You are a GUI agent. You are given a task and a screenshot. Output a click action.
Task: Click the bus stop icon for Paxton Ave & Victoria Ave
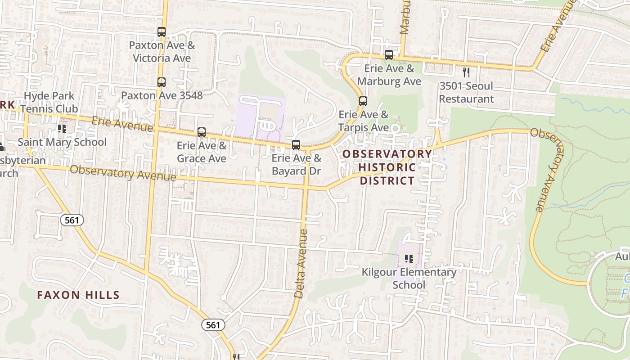coord(162,32)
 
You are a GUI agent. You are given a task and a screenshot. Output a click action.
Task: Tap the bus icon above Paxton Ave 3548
coord(162,82)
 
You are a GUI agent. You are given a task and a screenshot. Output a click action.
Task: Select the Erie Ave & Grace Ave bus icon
coord(202,132)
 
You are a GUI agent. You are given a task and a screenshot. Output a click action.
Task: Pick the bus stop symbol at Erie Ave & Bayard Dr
coord(296,145)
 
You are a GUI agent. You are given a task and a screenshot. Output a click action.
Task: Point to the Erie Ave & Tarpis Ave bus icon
coord(363,101)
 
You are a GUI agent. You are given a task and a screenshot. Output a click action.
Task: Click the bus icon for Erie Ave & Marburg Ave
coord(389,55)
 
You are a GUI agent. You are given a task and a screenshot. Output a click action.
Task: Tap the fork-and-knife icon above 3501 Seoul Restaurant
coord(466,72)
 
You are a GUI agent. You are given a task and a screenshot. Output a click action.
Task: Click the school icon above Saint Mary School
coord(62,129)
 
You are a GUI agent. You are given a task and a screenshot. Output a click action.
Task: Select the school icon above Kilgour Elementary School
coord(409,259)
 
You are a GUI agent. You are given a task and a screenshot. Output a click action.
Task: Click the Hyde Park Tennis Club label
coord(49,102)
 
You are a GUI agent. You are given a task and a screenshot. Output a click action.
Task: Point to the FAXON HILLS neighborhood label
coord(78,295)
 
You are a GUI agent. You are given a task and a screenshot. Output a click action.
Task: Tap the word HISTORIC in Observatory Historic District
coord(387,167)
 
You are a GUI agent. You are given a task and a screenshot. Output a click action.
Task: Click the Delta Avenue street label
coord(301,264)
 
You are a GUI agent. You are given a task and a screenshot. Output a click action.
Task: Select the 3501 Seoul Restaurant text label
coord(466,92)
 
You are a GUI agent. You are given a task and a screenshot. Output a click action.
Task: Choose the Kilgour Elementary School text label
coord(409,279)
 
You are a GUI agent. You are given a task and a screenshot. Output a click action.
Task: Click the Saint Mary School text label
coord(62,142)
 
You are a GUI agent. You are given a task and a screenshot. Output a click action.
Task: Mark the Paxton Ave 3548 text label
coord(162,95)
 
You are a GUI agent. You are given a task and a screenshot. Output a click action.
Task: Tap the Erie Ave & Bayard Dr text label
coord(297,165)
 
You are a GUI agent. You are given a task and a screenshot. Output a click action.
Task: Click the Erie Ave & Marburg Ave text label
coord(389,75)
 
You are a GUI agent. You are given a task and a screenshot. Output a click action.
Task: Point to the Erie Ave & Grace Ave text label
coord(202,152)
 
